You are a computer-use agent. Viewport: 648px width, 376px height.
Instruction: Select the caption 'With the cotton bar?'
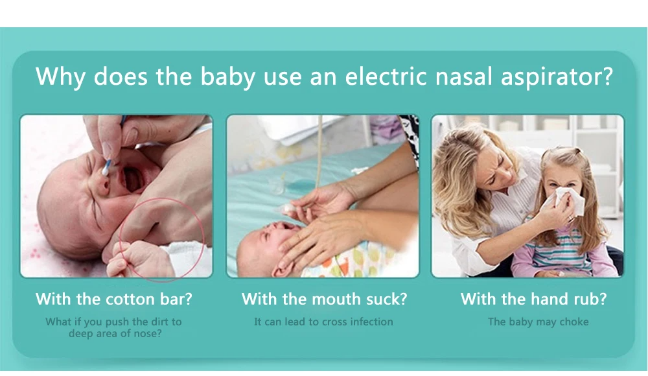pos(114,300)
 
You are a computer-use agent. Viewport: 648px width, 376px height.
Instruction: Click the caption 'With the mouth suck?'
pos(324,300)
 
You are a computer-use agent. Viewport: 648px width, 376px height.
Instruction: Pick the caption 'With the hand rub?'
pos(533,300)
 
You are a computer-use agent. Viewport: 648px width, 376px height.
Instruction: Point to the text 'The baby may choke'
pos(538,322)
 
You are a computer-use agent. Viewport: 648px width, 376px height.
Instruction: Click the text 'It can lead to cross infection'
pos(323,322)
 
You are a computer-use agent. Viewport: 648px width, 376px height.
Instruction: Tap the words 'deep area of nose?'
pos(115,334)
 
